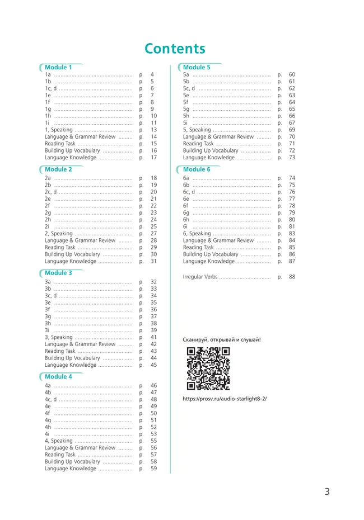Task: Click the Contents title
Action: [175, 49]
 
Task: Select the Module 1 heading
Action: [58, 67]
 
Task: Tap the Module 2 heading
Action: [58, 169]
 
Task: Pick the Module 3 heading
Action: [58, 273]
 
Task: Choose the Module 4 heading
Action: [58, 376]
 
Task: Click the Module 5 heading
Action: [197, 67]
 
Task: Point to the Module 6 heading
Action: [197, 169]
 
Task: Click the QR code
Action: [208, 368]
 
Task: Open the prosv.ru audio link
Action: [225, 399]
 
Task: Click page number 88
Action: [292, 277]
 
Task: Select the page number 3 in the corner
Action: [327, 492]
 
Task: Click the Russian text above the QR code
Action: [222, 339]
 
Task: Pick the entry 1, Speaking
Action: [59, 130]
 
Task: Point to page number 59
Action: [153, 469]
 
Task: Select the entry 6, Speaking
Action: [197, 234]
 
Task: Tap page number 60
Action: [292, 74]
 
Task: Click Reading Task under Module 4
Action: [60, 455]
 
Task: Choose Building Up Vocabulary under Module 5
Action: [211, 151]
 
